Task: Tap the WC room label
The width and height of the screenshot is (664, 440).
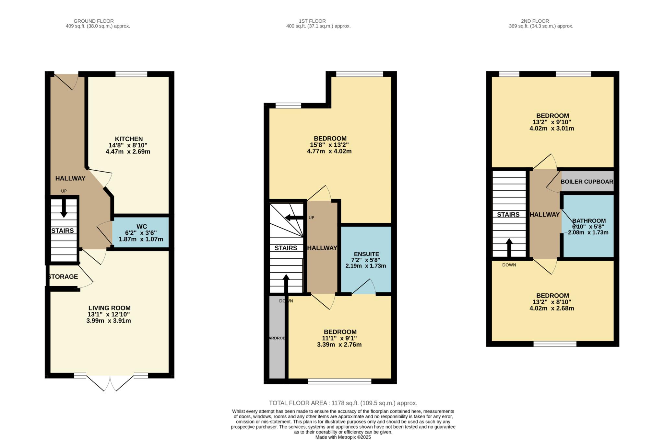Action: click(x=142, y=227)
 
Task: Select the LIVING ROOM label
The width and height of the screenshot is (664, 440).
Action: click(x=109, y=308)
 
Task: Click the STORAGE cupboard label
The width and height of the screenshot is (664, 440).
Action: click(x=63, y=276)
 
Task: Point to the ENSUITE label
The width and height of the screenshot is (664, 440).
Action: click(x=366, y=254)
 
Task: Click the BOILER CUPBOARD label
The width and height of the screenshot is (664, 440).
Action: click(x=587, y=182)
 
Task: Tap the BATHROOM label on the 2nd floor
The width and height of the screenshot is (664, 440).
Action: click(x=589, y=221)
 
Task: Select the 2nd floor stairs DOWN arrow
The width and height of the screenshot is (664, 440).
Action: click(x=509, y=247)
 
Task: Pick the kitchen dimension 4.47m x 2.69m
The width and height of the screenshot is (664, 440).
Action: click(x=128, y=152)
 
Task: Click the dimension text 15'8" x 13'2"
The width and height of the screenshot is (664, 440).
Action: click(x=329, y=145)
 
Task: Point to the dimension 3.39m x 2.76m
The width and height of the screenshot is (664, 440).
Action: click(x=339, y=344)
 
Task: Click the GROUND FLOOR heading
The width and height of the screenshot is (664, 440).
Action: click(x=94, y=21)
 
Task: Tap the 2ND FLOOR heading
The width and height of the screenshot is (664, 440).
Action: click(x=535, y=21)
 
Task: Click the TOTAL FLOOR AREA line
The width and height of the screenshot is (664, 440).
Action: click(x=343, y=403)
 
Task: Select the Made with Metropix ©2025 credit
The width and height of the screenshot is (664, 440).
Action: click(x=343, y=437)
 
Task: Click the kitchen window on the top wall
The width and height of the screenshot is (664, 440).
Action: click(x=131, y=74)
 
